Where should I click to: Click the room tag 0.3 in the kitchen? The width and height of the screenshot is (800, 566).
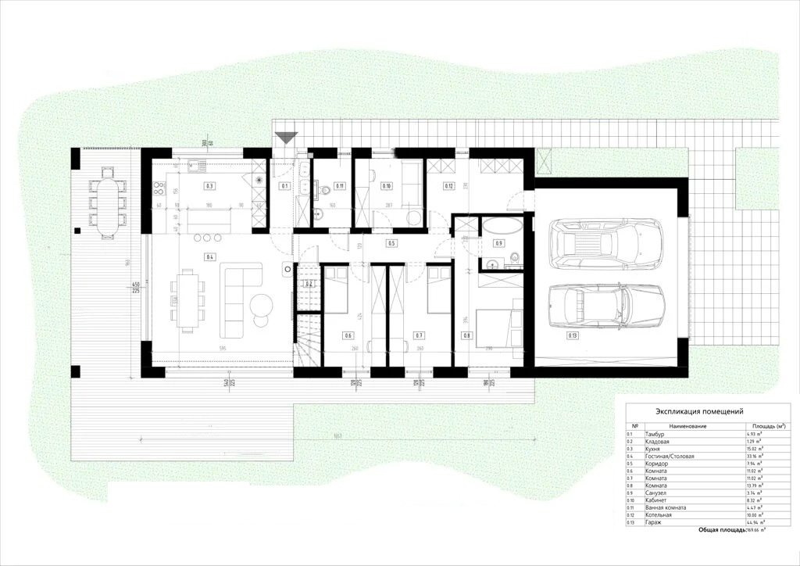(209, 186)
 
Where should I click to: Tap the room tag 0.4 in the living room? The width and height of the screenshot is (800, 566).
(209, 256)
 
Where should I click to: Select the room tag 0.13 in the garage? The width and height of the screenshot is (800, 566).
(574, 336)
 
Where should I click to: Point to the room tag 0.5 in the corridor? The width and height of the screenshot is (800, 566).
(392, 244)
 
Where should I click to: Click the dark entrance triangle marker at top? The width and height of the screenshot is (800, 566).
(287, 138)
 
